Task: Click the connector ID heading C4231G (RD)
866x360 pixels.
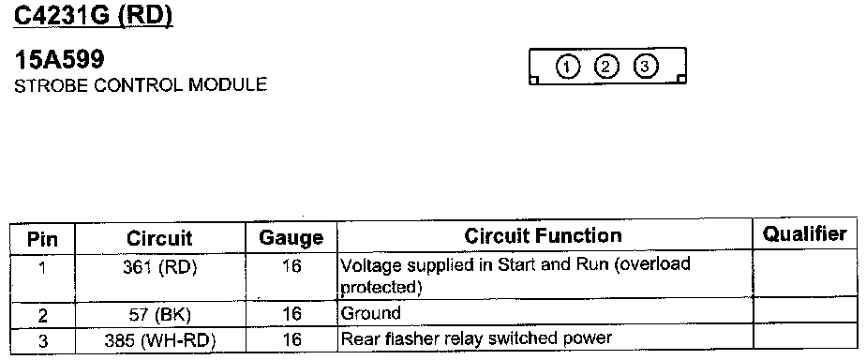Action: (94, 15)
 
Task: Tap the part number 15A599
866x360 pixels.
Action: (59, 60)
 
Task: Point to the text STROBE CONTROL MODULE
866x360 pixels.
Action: (141, 85)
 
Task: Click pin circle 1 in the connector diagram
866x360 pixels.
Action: (567, 67)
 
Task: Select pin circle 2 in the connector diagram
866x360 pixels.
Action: (605, 67)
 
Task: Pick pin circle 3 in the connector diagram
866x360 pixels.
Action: (645, 67)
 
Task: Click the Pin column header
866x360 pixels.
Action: (42, 240)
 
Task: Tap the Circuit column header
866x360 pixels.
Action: (159, 238)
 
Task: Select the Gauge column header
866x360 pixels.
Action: (291, 238)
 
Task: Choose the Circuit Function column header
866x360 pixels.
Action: (543, 235)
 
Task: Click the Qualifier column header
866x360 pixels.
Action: (805, 234)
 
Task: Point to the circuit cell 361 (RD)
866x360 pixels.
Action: (160, 267)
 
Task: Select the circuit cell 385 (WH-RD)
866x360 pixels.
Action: (160, 340)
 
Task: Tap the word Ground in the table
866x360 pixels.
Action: (370, 313)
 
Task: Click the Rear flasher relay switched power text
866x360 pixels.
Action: (477, 337)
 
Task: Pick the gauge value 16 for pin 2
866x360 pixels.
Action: (291, 314)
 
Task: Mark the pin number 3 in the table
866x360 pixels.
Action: (43, 340)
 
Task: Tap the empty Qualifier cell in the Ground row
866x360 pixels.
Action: (805, 311)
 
